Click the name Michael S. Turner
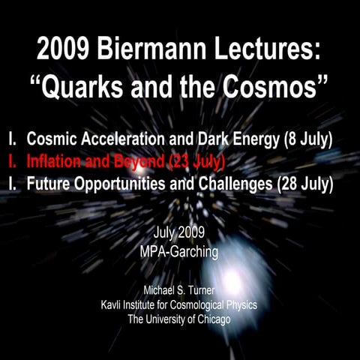(180, 289)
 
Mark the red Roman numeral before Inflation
(11, 160)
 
